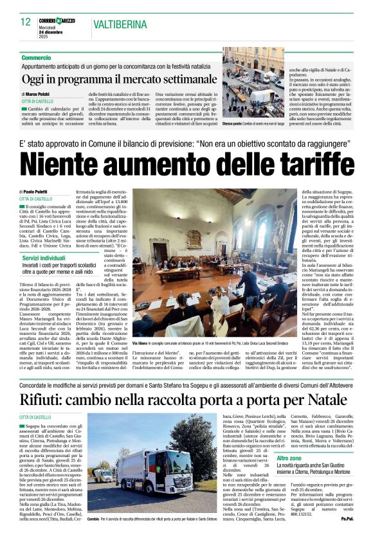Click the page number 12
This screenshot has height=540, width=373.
coord(25,22)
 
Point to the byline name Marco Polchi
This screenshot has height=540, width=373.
coord(44,94)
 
